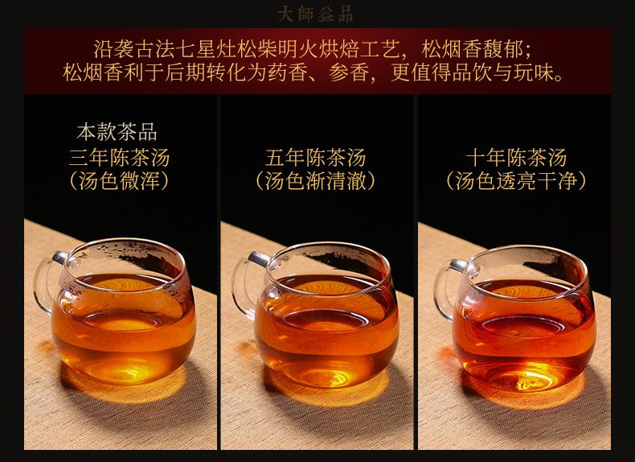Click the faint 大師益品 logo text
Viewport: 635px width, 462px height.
point(315,14)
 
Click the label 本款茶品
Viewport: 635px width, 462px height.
point(117,132)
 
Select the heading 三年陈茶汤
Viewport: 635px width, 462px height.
point(119,158)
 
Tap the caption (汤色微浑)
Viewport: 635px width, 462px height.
point(119,181)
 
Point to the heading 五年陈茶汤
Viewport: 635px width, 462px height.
point(315,158)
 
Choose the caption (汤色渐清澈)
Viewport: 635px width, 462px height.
point(315,181)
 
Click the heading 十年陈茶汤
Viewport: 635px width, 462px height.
point(516,158)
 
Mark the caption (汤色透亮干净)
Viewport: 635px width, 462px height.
point(516,181)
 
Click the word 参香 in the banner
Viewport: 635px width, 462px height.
point(349,73)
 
